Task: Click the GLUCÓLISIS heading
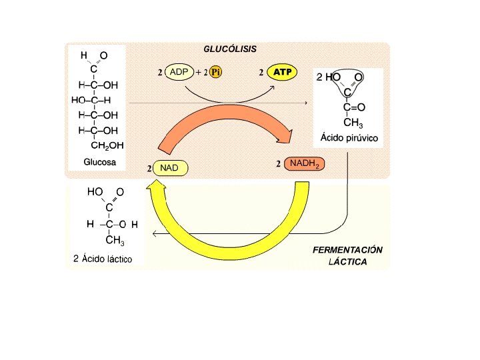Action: point(229,49)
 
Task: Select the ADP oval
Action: point(179,72)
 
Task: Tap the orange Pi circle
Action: point(215,72)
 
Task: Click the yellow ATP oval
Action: point(283,72)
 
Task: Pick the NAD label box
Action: point(170,168)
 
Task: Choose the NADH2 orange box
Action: point(305,164)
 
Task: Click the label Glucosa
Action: point(99,162)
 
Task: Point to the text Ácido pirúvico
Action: point(349,138)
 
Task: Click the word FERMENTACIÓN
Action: point(347,249)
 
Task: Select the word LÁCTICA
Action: point(347,262)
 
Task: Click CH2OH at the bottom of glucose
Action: point(107,145)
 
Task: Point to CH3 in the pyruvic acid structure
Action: point(353,122)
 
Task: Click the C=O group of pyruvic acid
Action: point(354,107)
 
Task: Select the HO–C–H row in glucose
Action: point(91,100)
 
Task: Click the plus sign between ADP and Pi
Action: point(199,72)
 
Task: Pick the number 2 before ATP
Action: point(261,72)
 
